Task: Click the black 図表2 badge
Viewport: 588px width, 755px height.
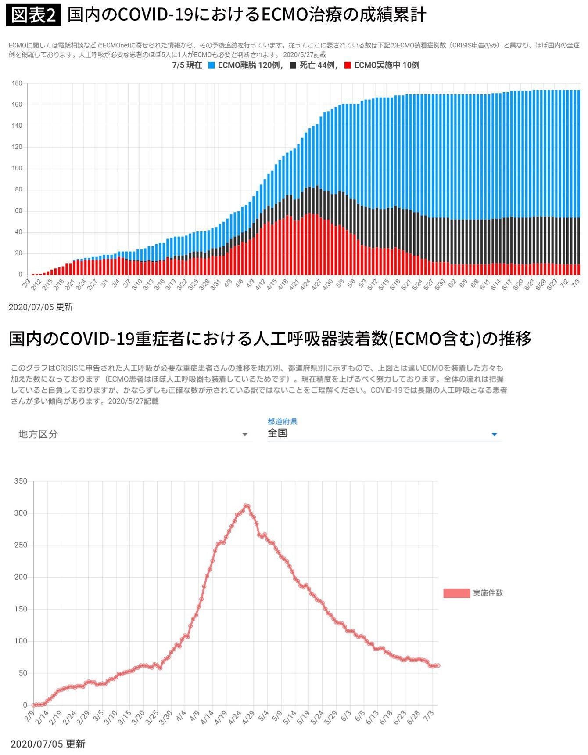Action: pyautogui.click(x=33, y=15)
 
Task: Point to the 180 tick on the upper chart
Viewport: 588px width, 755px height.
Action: pyautogui.click(x=17, y=83)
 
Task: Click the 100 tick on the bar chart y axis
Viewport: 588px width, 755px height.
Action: pyautogui.click(x=17, y=169)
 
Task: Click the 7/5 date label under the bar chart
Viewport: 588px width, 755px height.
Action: pyautogui.click(x=575, y=284)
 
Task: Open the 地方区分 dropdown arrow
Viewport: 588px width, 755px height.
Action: pyautogui.click(x=245, y=435)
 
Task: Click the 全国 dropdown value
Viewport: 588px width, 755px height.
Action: pyautogui.click(x=277, y=433)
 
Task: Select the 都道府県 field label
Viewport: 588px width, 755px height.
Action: pyautogui.click(x=282, y=422)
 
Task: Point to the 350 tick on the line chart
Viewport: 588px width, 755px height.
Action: pyautogui.click(x=21, y=481)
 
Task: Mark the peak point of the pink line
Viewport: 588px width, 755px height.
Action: pyautogui.click(x=246, y=506)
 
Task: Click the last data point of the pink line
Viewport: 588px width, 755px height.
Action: pyautogui.click(x=437, y=666)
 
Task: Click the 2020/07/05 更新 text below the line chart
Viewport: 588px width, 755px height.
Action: pyautogui.click(x=48, y=744)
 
